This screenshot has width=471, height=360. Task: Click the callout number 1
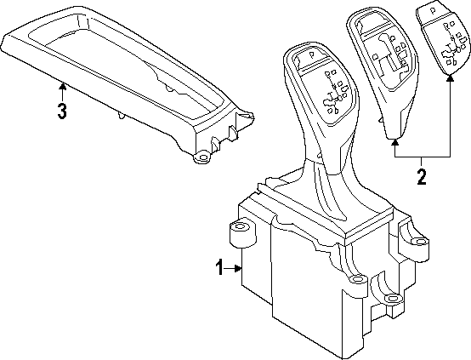pyautogui.click(x=219, y=268)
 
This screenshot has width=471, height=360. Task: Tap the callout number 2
pyautogui.click(x=422, y=176)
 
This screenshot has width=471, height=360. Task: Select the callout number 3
pyautogui.click(x=62, y=111)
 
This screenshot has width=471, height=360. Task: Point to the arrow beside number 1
pyautogui.click(x=233, y=268)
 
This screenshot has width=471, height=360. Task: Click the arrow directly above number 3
pyautogui.click(x=62, y=92)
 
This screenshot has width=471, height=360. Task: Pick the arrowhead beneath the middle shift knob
pyautogui.click(x=395, y=142)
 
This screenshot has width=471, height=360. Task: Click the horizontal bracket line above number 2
pyautogui.click(x=423, y=157)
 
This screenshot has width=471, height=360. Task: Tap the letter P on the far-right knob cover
pyautogui.click(x=433, y=11)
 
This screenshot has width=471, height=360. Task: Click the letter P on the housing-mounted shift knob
pyautogui.click(x=311, y=54)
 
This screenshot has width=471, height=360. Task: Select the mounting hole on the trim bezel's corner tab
pyautogui.click(x=202, y=157)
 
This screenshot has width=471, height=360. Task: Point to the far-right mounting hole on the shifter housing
pyautogui.click(x=421, y=241)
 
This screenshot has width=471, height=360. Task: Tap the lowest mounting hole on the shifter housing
pyautogui.click(x=391, y=298)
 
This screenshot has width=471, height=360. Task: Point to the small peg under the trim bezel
pyautogui.click(x=122, y=115)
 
